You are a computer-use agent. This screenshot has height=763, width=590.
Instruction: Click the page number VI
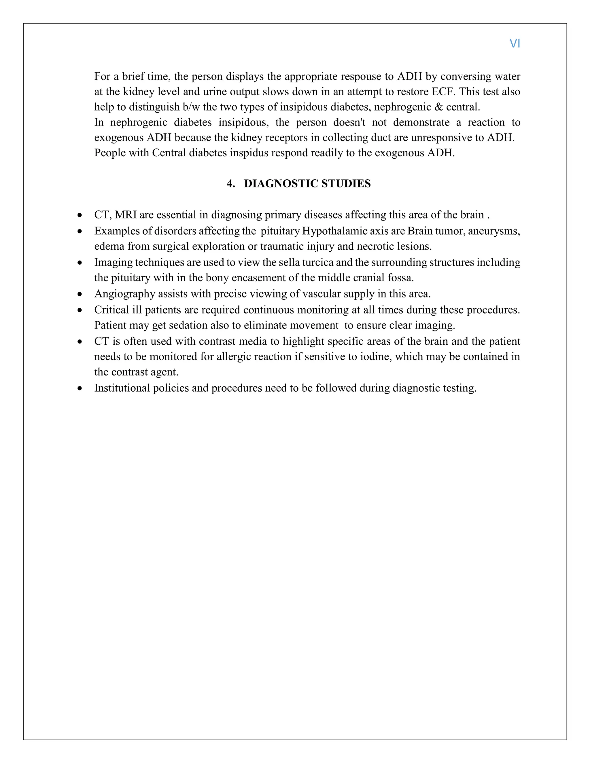pos(515,44)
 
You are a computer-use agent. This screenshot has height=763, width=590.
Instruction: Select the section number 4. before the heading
pos(231,184)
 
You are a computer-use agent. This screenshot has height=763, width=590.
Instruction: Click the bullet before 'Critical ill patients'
pos(80,310)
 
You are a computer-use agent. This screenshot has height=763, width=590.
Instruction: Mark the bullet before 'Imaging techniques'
pos(80,263)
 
